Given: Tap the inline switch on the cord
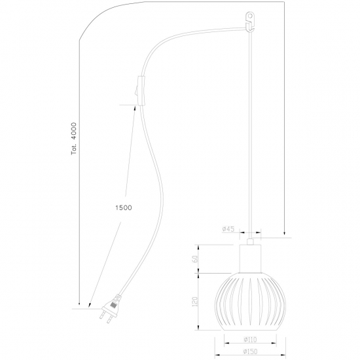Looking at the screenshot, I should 137,89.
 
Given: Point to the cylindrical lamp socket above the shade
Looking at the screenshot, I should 249,258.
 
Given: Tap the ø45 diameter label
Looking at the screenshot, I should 228,229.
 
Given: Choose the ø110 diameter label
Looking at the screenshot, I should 249,340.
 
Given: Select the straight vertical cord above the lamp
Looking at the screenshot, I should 250,131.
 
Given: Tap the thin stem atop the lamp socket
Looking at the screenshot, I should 249,238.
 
